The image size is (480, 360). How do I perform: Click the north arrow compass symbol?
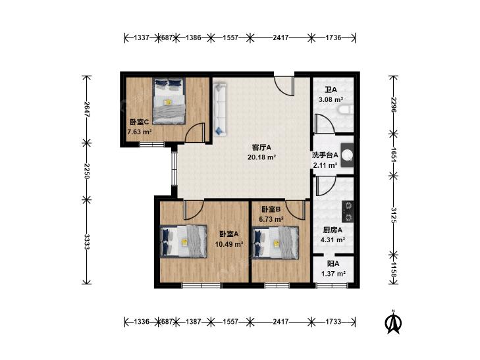click(x=393, y=322)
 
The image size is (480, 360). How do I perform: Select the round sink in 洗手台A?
click(x=348, y=155)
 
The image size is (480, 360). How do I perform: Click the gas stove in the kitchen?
click(x=348, y=211)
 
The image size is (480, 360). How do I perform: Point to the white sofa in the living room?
click(x=220, y=109)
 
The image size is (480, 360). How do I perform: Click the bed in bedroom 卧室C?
click(x=169, y=101)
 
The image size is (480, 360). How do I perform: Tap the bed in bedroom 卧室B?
click(x=275, y=243)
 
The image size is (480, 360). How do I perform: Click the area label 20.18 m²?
click(x=261, y=157)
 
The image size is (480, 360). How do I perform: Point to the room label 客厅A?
click(x=261, y=147)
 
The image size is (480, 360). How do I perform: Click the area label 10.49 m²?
click(x=229, y=244)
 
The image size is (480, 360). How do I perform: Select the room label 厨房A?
click(x=333, y=230)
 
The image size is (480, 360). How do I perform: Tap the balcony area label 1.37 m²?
click(x=333, y=274)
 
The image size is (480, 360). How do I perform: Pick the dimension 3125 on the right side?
click(x=394, y=215)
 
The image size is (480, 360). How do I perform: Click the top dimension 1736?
click(x=333, y=38)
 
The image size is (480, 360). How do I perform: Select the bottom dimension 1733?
click(x=333, y=321)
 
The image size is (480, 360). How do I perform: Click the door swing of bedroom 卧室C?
click(x=195, y=132)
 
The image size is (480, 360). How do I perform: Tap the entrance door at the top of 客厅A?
click(x=284, y=86)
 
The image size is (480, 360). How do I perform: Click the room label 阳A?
click(x=333, y=264)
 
